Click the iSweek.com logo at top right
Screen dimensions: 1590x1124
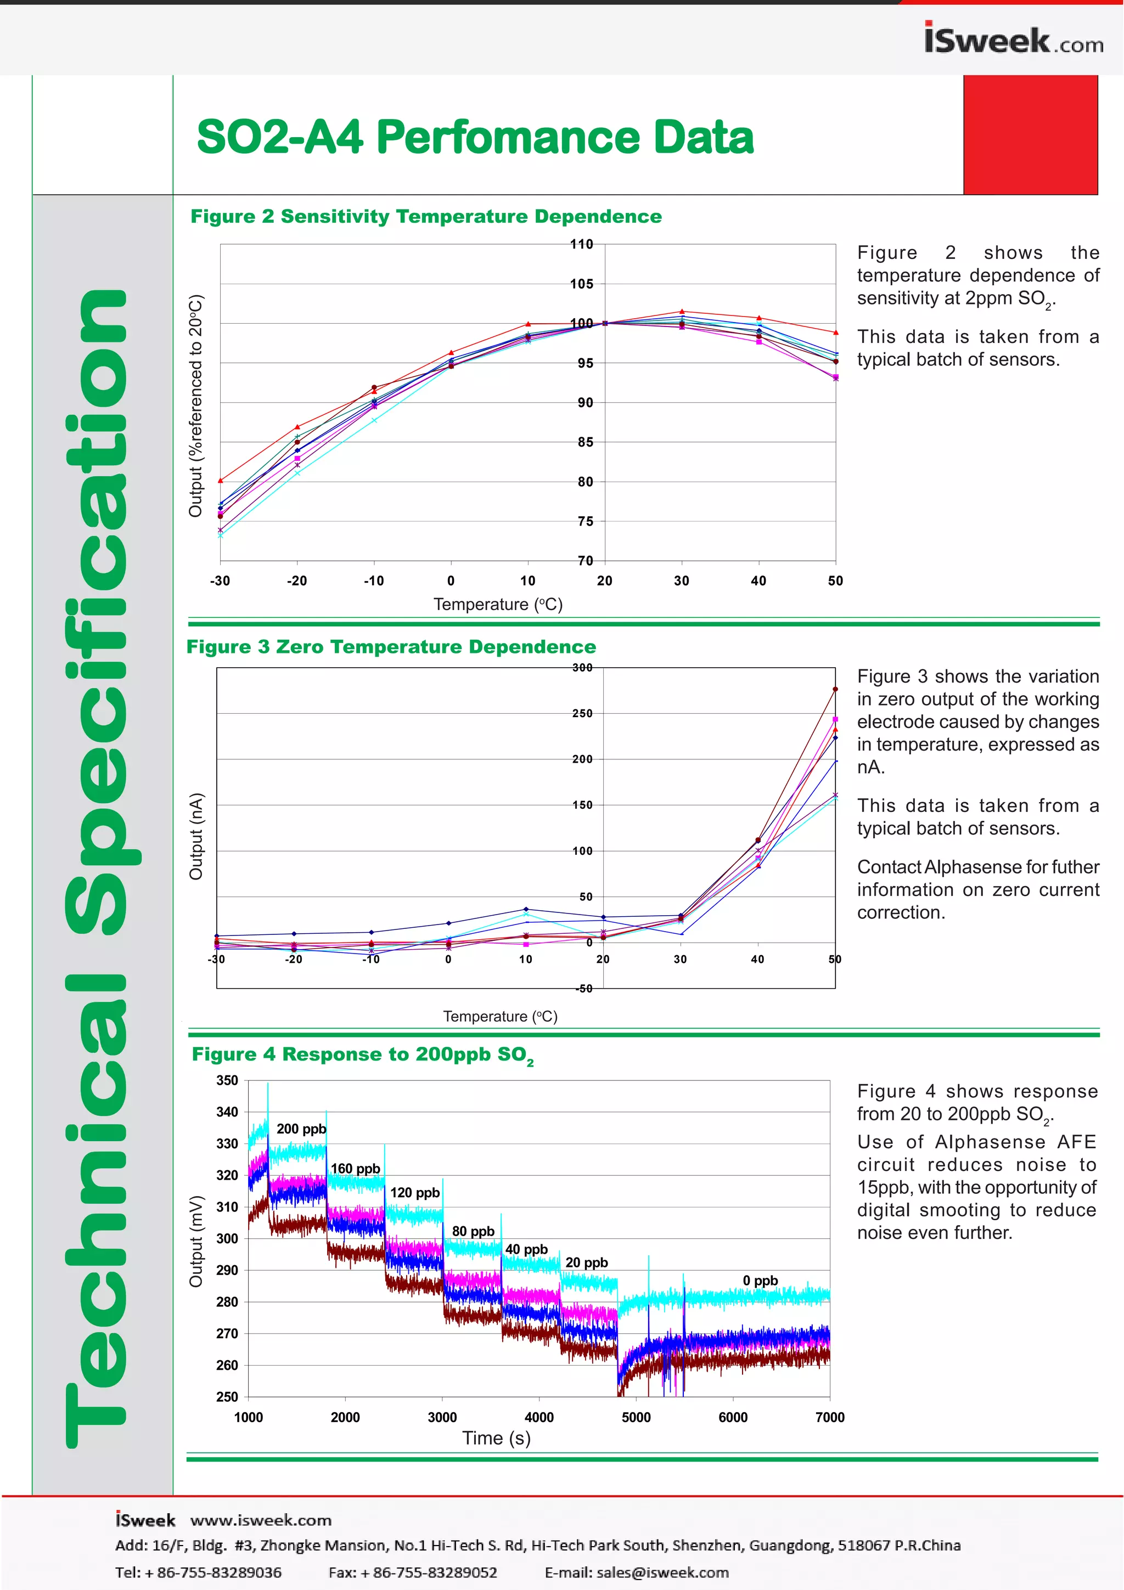click(1013, 40)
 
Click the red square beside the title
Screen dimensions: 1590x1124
click(1031, 134)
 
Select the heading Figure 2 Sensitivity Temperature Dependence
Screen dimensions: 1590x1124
click(426, 217)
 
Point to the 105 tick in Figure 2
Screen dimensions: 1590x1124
click(582, 284)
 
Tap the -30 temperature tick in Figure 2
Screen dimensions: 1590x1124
click(220, 581)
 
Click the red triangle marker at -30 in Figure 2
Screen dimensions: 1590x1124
click(220, 480)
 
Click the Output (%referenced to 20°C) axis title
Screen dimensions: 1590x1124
click(196, 406)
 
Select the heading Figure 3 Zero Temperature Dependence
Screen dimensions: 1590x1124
click(391, 647)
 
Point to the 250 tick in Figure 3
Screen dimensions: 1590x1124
click(582, 713)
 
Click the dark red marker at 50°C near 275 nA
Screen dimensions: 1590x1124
click(835, 689)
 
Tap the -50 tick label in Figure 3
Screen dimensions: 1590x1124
click(583, 988)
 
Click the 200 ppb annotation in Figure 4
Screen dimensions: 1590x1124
click(301, 1129)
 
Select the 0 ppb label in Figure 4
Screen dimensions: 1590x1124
click(760, 1281)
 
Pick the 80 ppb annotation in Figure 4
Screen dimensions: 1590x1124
click(473, 1231)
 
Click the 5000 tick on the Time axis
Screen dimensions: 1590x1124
click(636, 1417)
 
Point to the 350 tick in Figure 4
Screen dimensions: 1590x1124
click(227, 1080)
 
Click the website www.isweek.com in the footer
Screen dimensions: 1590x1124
click(261, 1520)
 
